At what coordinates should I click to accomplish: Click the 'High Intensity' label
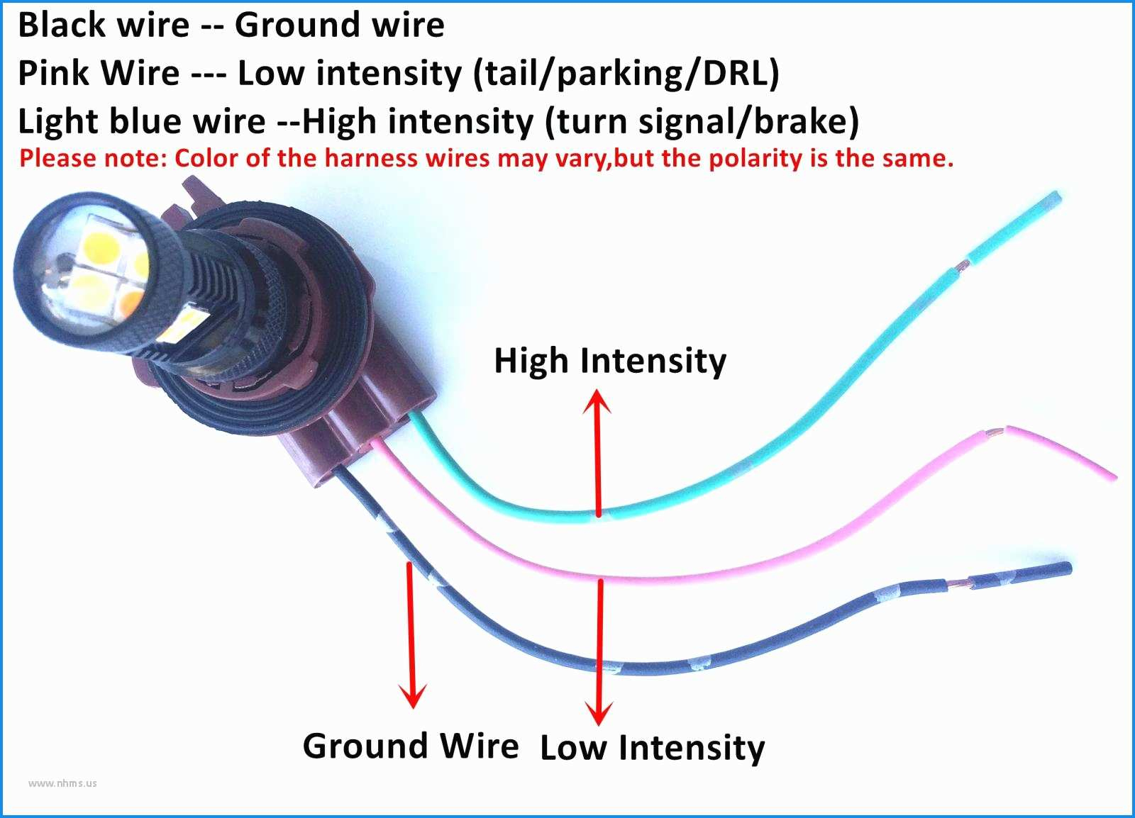click(610, 361)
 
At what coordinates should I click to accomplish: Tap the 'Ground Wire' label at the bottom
click(411, 746)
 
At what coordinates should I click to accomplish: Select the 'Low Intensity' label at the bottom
click(653, 748)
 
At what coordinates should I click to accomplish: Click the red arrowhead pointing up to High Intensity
click(597, 399)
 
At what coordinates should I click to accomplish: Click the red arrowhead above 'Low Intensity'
click(599, 712)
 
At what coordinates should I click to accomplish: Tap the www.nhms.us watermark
click(62, 783)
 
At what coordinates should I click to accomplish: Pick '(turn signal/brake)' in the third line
click(702, 121)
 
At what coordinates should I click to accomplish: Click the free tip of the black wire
click(1065, 566)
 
